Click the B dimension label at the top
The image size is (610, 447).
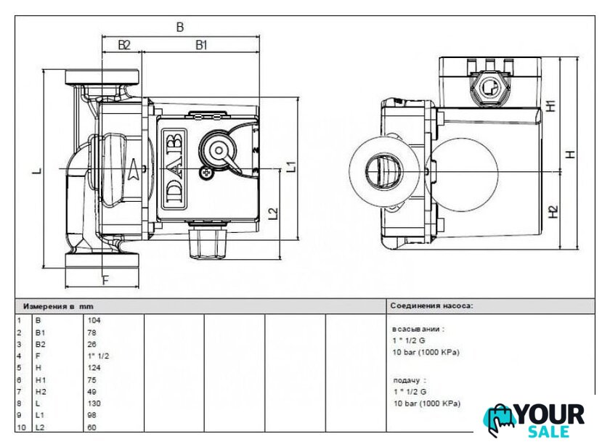pyautogui.click(x=180, y=27)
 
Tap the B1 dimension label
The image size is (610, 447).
pyautogui.click(x=200, y=46)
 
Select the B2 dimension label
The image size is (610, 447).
pyautogui.click(x=123, y=46)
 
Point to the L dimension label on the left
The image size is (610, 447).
pyautogui.click(x=37, y=171)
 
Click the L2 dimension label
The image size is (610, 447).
pyautogui.click(x=274, y=213)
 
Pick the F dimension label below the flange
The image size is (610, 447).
pyautogui.click(x=105, y=280)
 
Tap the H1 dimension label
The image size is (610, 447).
pyautogui.click(x=551, y=106)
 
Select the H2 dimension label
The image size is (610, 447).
pyautogui.click(x=553, y=212)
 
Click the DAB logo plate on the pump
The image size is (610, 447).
pyautogui.click(x=174, y=167)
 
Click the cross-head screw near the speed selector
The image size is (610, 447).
pyautogui.click(x=206, y=173)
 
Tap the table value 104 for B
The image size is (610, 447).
pyautogui.click(x=94, y=320)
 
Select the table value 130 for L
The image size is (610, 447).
pyautogui.click(x=94, y=403)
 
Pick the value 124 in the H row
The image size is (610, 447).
pyautogui.click(x=94, y=368)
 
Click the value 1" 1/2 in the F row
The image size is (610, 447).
pyautogui.click(x=98, y=356)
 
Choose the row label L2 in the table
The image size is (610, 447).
pyautogui.click(x=40, y=427)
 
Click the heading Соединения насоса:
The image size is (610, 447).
pyautogui.click(x=432, y=306)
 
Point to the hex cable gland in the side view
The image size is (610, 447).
pyautogui.click(x=489, y=89)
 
